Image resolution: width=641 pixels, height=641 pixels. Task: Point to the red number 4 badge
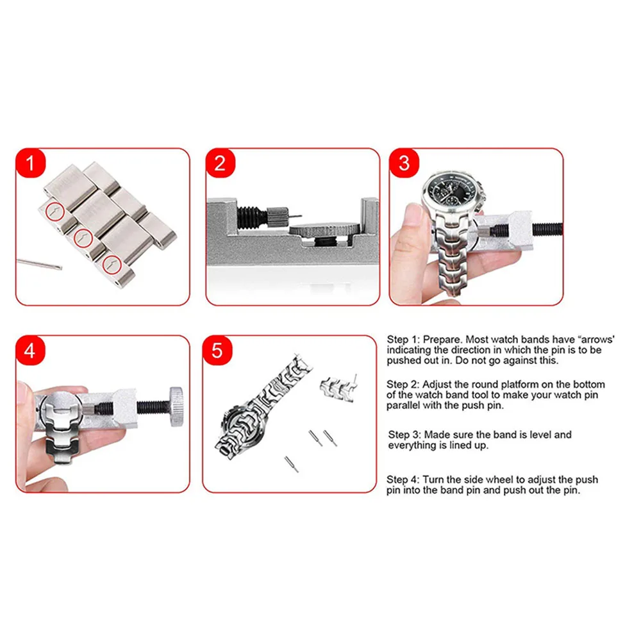tap(30, 351)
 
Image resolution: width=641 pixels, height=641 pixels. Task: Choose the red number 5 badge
tap(218, 351)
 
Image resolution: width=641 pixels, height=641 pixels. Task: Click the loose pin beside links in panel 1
tap(38, 263)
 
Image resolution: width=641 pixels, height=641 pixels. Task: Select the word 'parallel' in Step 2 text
tap(405, 406)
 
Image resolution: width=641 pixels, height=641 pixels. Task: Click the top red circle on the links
tap(55, 211)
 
